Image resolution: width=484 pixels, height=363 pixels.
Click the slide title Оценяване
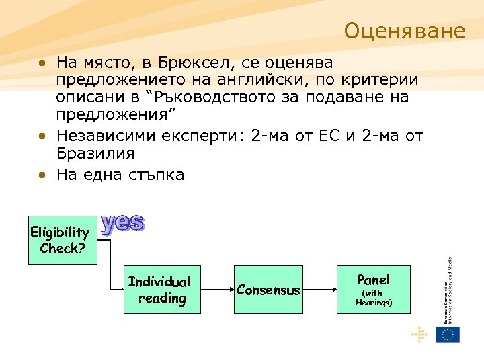404,31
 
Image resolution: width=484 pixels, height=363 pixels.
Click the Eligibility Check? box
60,240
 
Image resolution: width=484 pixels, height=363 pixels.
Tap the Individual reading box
159,290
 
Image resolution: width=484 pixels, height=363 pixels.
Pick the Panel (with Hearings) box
373,290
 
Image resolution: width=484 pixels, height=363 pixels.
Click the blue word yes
122,224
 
